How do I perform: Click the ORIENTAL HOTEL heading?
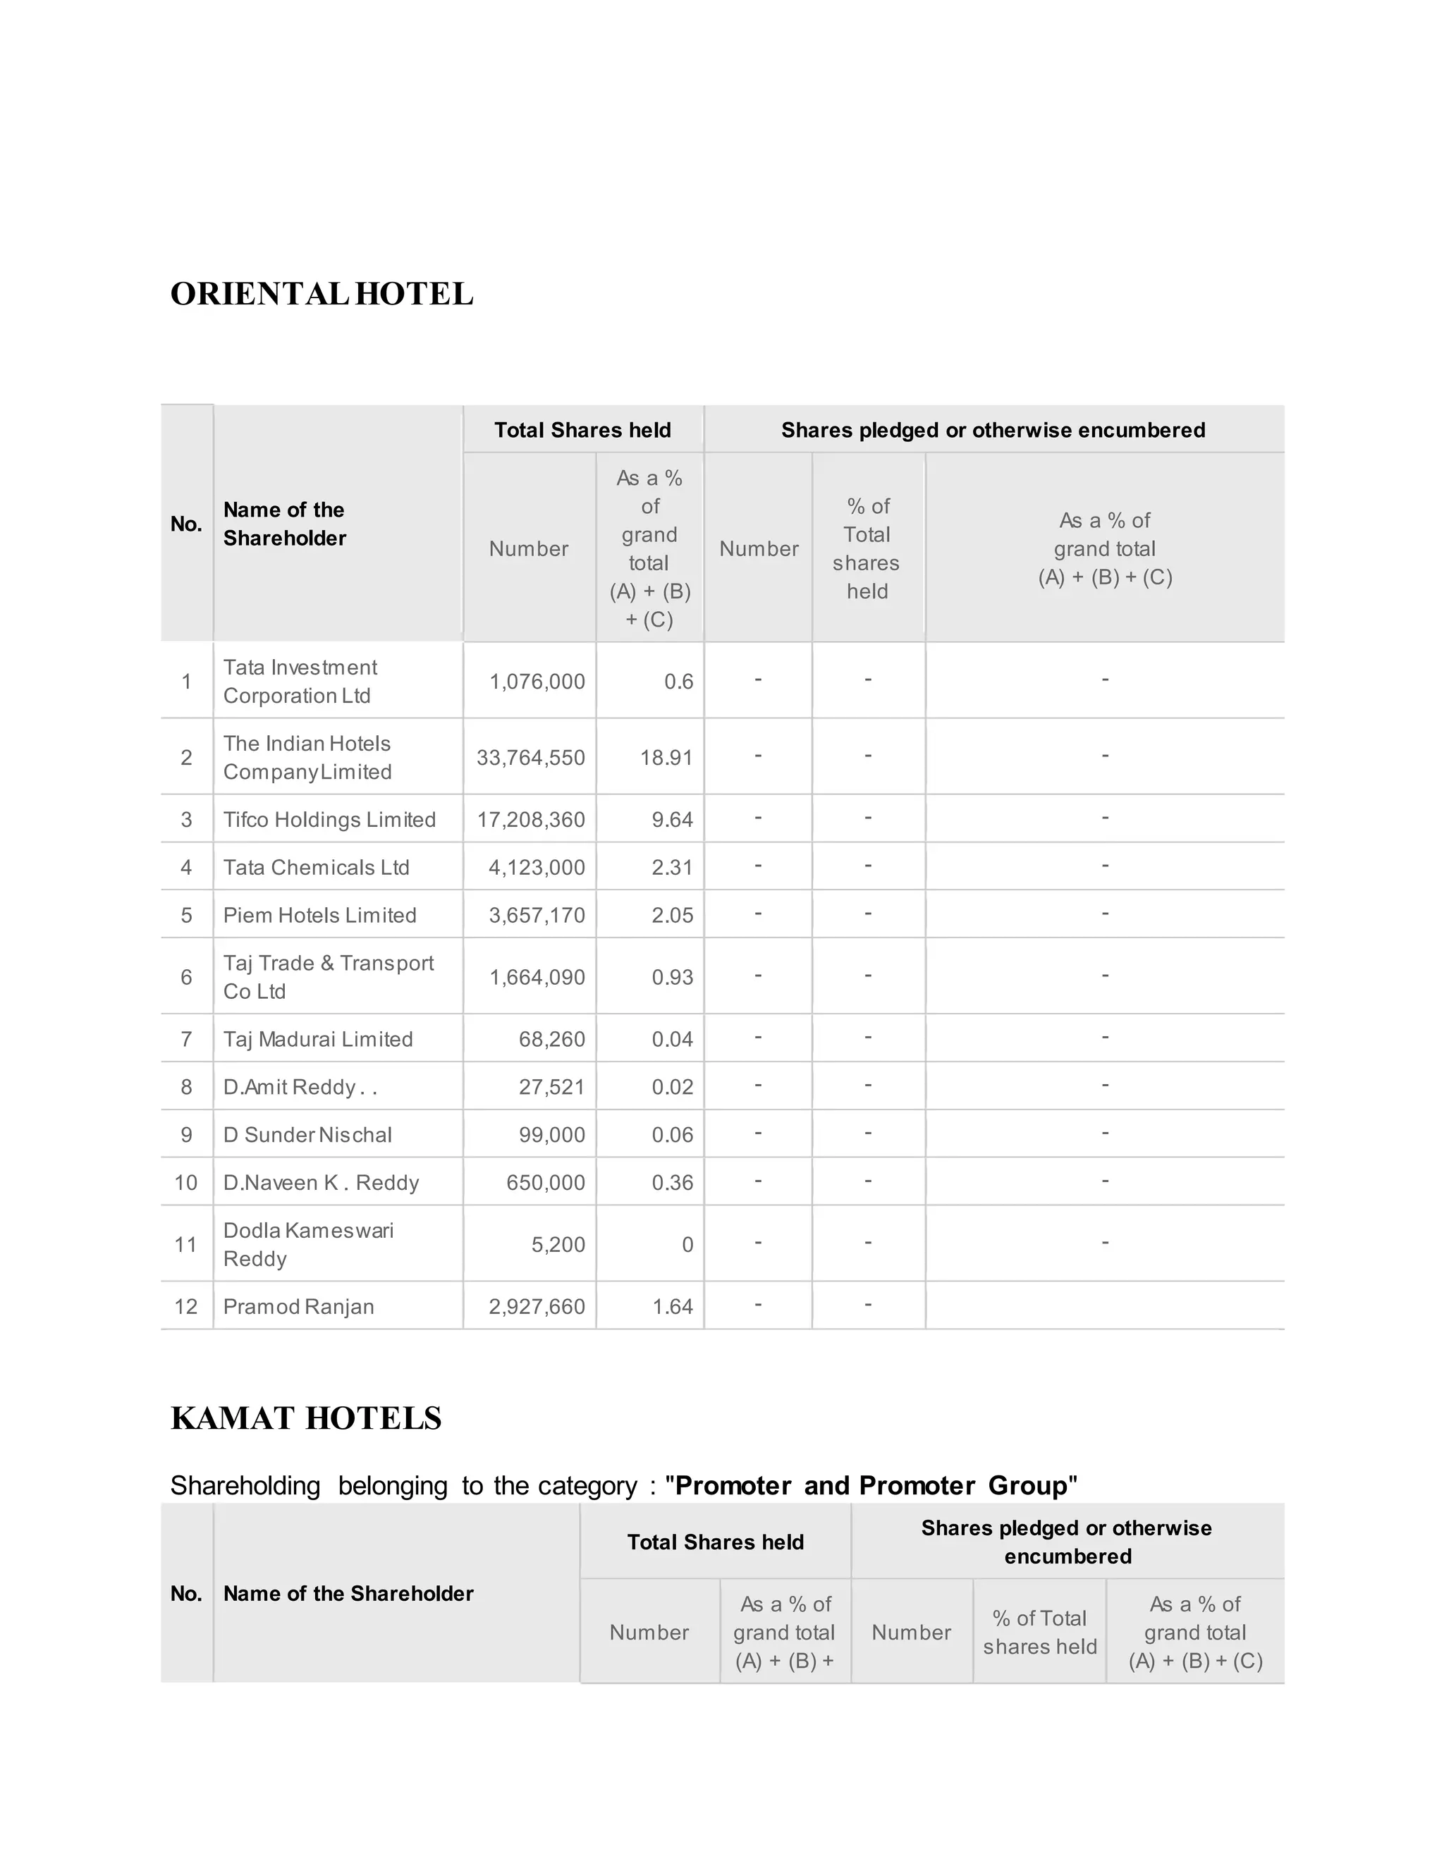tap(322, 294)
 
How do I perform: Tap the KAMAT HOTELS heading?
tap(306, 1419)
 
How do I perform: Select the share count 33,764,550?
tap(530, 758)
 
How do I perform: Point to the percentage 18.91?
tap(666, 758)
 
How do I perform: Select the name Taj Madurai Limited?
tap(317, 1039)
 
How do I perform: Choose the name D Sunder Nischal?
tap(307, 1135)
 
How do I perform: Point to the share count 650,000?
tap(545, 1183)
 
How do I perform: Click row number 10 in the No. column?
tap(185, 1183)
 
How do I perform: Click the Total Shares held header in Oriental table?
tap(582, 430)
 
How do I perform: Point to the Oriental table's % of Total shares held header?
tap(867, 548)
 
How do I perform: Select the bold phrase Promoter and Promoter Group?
tap(871, 1486)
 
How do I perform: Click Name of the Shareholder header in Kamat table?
tap(348, 1594)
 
